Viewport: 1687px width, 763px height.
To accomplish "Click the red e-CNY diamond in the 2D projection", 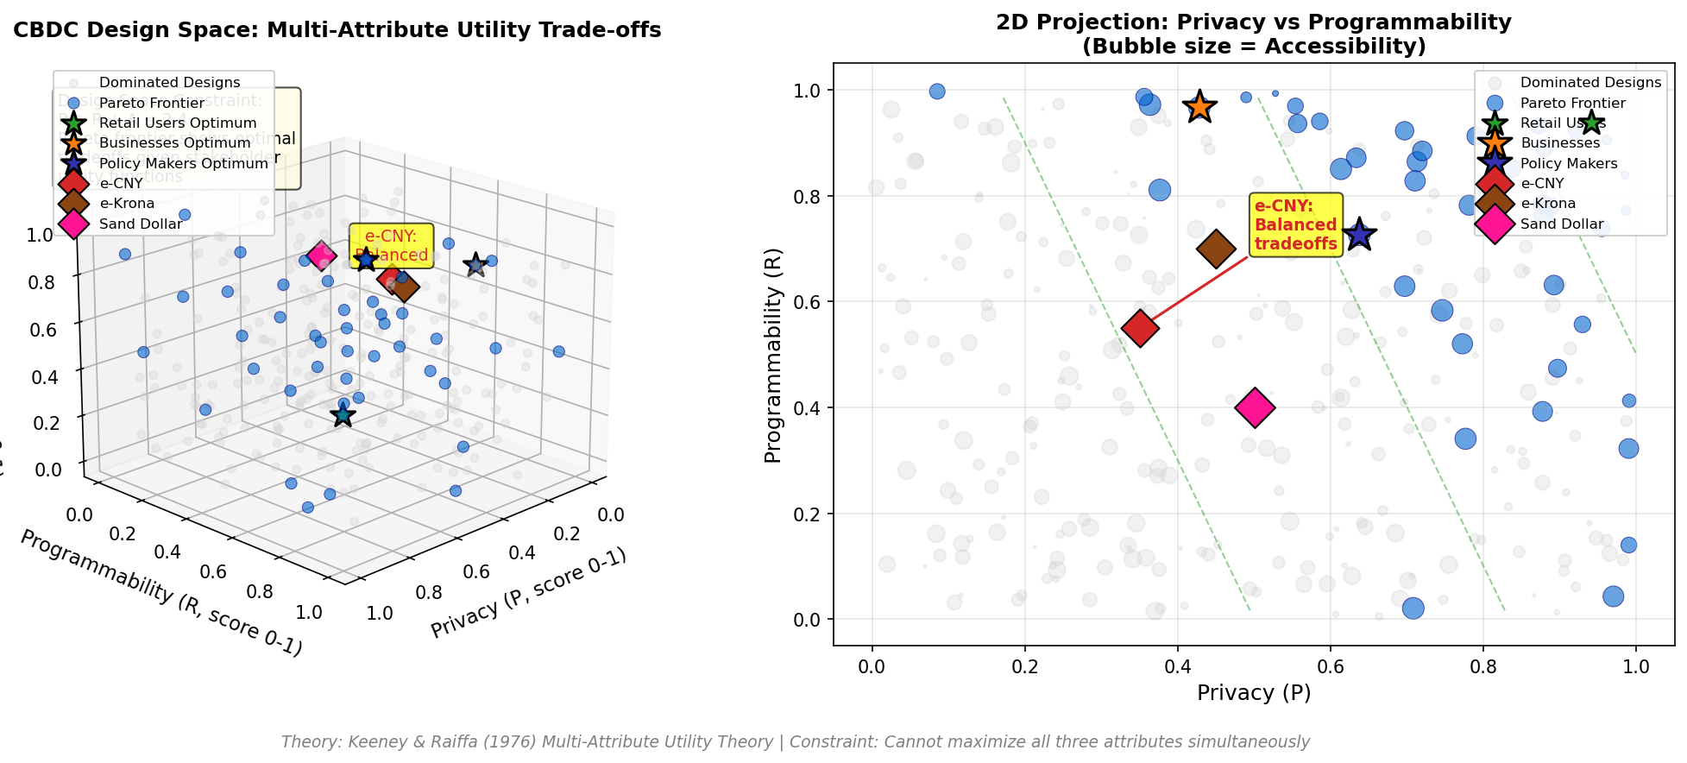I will point(1140,328).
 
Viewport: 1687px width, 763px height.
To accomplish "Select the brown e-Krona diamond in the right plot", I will point(1216,249).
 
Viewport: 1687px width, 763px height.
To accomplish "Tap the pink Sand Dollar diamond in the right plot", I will point(1255,407).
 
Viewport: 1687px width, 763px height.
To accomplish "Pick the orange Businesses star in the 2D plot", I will point(1199,107).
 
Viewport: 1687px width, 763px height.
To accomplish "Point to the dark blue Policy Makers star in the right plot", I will point(1359,235).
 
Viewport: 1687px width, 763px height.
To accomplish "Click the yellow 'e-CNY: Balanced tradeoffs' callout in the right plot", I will point(1295,224).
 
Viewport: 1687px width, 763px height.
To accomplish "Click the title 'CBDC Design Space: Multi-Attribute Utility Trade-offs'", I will point(337,30).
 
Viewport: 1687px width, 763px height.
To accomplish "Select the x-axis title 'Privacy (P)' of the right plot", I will point(1254,692).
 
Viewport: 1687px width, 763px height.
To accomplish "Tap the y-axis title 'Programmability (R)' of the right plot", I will point(773,355).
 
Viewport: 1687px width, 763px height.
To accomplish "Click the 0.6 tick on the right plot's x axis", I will point(1331,666).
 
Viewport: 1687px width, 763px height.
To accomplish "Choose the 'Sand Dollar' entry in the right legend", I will point(1561,224).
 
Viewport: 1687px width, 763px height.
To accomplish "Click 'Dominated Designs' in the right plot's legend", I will point(1589,83).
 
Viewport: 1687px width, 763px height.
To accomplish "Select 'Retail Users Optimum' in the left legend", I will point(178,123).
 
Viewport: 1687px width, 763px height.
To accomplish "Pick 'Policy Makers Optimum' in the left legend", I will point(183,163).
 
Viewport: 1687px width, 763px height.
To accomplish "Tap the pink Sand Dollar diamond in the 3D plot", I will point(322,255).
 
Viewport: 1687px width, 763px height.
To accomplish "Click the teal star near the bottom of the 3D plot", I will point(343,415).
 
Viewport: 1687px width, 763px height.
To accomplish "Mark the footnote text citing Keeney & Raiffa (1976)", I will point(795,741).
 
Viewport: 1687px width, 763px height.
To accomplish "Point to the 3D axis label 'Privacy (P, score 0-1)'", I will point(528,593).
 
